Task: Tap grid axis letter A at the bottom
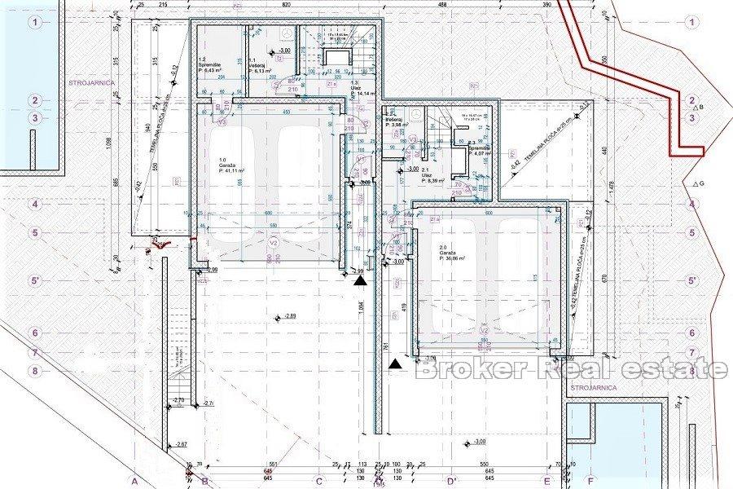[123, 482]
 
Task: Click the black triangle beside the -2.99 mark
[359, 281]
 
